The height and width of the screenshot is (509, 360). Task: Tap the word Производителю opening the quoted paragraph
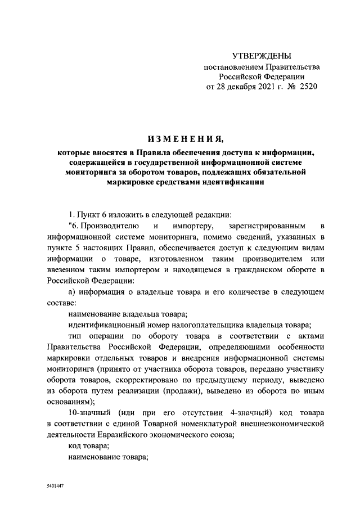105,226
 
